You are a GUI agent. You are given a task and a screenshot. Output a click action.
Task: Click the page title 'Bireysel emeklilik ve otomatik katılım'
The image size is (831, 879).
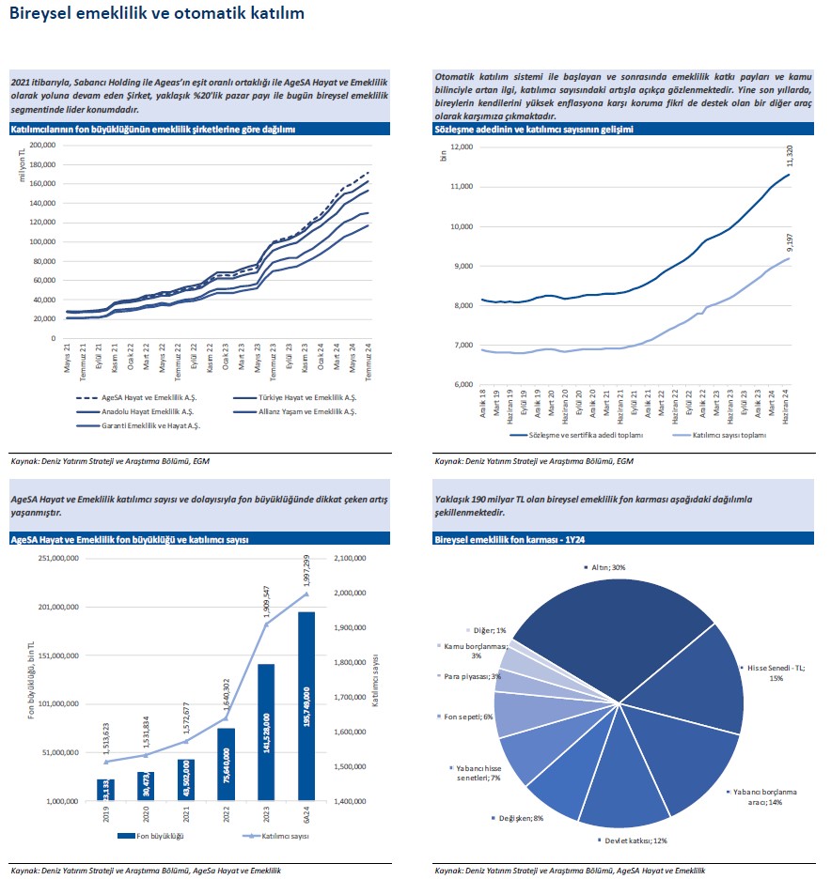[156, 15]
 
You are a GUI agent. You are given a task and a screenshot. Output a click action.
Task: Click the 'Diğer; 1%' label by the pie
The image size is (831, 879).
[488, 630]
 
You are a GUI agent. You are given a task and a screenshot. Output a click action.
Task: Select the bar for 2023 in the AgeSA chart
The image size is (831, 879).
[267, 732]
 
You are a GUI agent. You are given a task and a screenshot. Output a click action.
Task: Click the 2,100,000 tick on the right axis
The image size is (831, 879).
[348, 559]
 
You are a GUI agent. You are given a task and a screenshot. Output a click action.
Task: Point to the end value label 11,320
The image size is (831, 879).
[787, 158]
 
